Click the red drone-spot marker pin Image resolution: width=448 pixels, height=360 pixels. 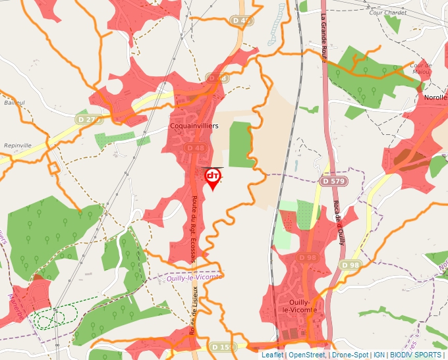[213, 178]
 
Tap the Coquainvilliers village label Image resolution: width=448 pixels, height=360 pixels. [194, 124]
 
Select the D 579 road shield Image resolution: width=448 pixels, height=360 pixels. [333, 180]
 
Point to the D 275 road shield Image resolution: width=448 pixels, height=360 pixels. [90, 120]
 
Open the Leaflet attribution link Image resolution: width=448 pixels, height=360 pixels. [272, 355]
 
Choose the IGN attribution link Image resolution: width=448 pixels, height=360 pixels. [379, 355]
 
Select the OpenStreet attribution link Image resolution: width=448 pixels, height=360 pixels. [307, 355]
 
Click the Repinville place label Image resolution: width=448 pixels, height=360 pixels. [17, 145]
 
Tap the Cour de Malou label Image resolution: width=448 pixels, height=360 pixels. [420, 68]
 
